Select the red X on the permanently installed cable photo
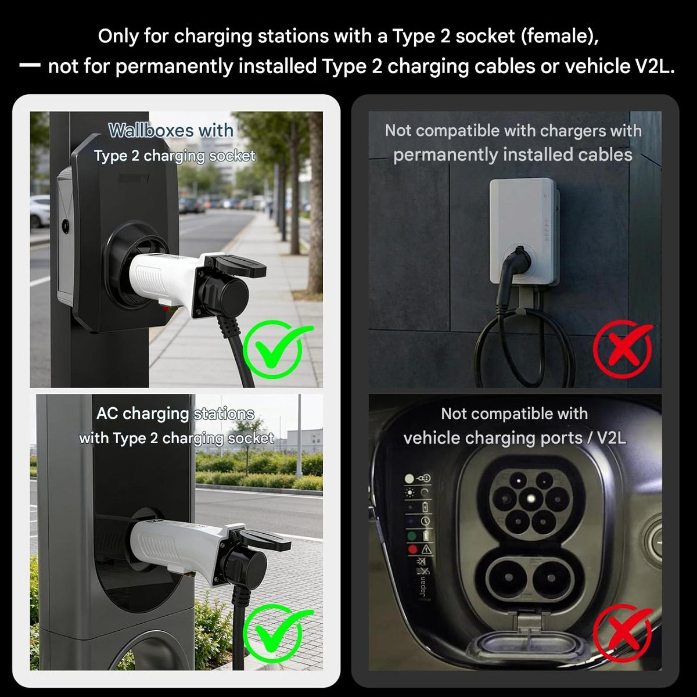click(x=623, y=349)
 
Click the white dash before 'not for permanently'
click(x=30, y=66)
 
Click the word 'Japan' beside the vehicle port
click(x=422, y=587)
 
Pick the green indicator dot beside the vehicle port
click(x=412, y=536)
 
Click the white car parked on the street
click(x=39, y=211)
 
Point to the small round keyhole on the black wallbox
click(x=66, y=226)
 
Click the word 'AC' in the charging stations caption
click(x=107, y=414)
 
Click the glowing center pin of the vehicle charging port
click(x=531, y=499)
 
